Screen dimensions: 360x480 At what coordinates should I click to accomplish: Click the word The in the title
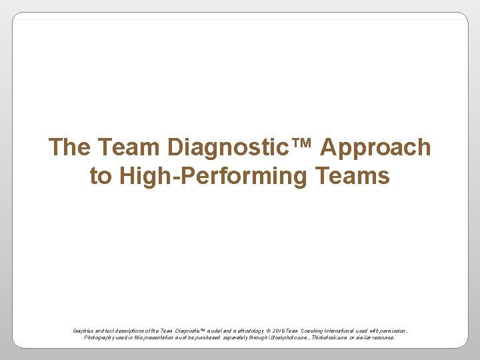[70, 147]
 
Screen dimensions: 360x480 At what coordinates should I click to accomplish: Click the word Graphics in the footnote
[83, 330]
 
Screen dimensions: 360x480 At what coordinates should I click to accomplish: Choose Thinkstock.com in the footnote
[330, 337]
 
